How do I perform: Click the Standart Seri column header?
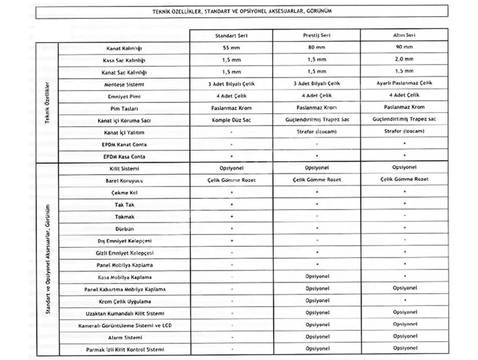[x=231, y=36]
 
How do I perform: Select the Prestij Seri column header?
[x=317, y=36]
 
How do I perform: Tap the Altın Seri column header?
[x=404, y=36]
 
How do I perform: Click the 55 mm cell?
[x=231, y=47]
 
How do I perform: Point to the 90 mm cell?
[x=404, y=47]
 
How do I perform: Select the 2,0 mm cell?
[x=404, y=59]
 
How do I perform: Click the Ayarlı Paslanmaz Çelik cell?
[x=404, y=83]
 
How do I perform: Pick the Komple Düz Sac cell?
[x=231, y=121]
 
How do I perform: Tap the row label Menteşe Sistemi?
[x=124, y=85]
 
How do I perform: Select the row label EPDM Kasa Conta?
[x=124, y=157]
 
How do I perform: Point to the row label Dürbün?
[x=125, y=229]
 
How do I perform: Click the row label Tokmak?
[x=125, y=217]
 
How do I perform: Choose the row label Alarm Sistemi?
[x=125, y=337]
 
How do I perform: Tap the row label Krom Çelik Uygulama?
[x=125, y=301]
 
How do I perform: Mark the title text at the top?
[x=242, y=11]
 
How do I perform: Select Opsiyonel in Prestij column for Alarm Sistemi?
[x=317, y=337]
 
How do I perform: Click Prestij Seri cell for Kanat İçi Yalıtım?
[x=317, y=132]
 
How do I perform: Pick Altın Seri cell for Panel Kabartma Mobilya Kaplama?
[x=404, y=288]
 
